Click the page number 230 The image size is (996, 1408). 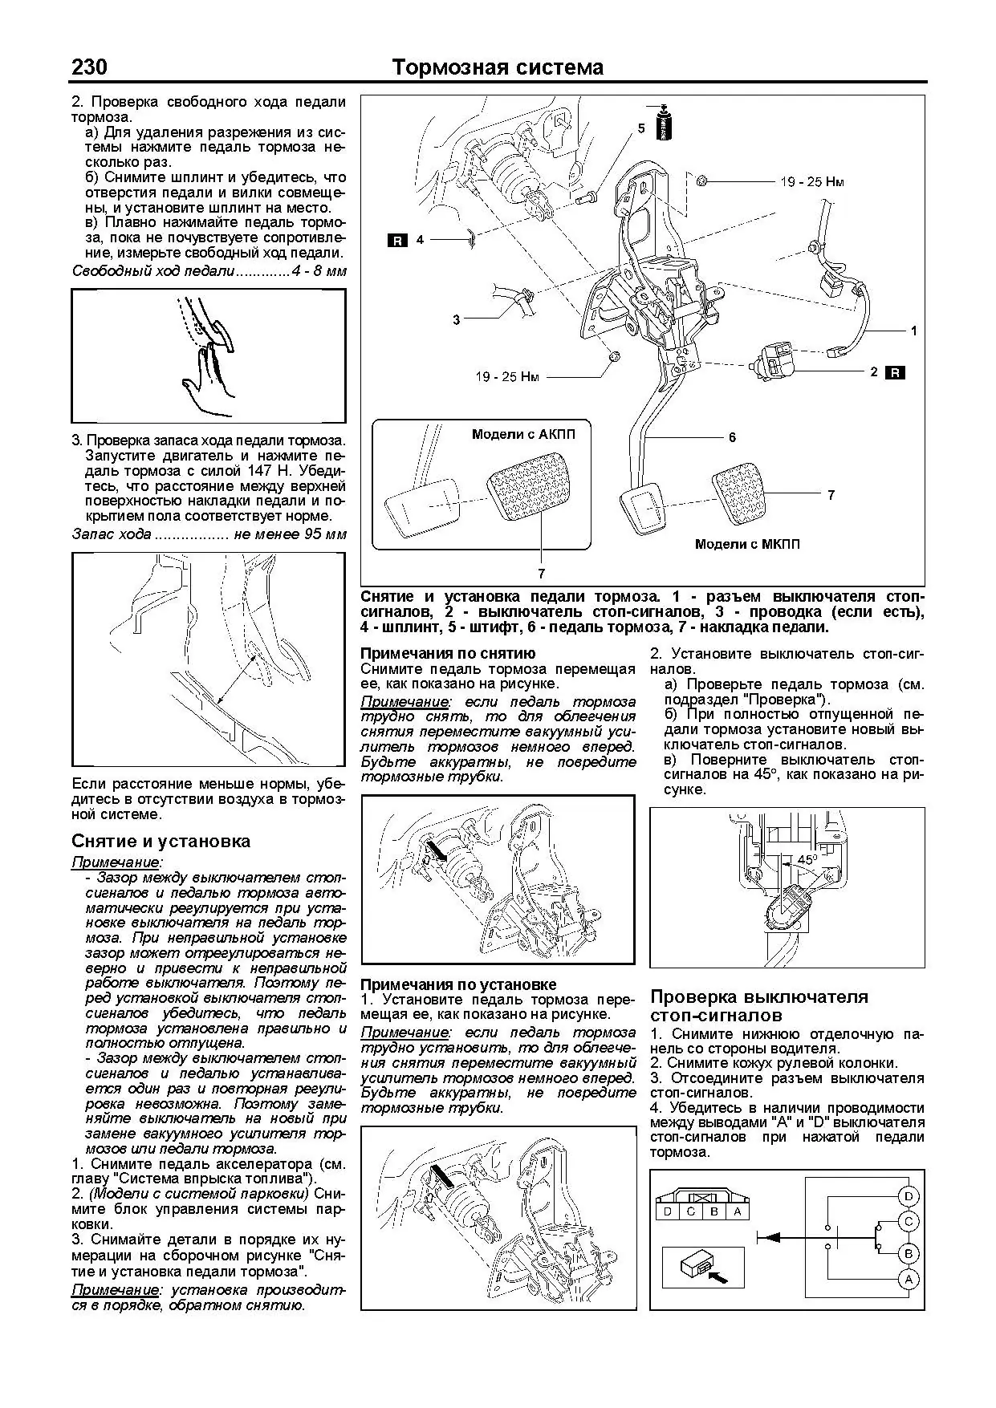click(90, 67)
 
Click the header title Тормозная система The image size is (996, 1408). click(498, 67)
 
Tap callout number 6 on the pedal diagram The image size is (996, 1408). click(732, 437)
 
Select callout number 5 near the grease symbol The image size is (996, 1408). click(640, 128)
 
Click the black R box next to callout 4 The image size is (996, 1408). click(397, 239)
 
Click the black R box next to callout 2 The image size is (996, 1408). click(896, 372)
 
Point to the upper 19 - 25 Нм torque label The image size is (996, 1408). click(811, 182)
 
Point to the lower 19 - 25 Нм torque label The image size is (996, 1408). click(507, 375)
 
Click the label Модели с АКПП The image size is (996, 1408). click(523, 433)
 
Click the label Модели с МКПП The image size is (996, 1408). click(746, 544)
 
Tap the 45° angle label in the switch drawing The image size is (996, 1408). click(807, 859)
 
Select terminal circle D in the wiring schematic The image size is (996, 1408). click(909, 1197)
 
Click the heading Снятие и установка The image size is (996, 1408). click(161, 841)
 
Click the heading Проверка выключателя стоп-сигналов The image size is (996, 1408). click(758, 1006)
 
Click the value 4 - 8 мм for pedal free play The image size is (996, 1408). click(319, 271)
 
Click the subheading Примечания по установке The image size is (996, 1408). click(458, 984)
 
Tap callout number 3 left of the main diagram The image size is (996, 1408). click(456, 319)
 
